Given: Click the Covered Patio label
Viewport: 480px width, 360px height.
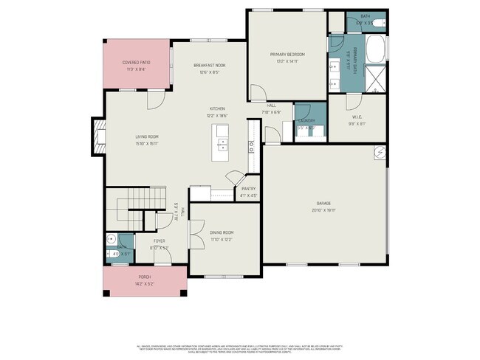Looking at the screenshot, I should pyautogui.click(x=136, y=63).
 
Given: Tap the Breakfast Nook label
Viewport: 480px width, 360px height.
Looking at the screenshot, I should pyautogui.click(x=209, y=65).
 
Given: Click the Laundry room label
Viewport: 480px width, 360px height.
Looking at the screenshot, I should pyautogui.click(x=306, y=121).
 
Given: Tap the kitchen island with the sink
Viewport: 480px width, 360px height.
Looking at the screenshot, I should pyautogui.click(x=222, y=142).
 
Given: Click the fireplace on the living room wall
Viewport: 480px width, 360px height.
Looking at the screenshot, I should pyautogui.click(x=95, y=137).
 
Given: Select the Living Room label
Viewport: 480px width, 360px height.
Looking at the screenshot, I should pyautogui.click(x=146, y=137).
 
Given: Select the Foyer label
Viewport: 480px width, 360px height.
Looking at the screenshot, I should pyautogui.click(x=160, y=241).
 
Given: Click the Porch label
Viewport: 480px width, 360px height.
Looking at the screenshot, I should pyautogui.click(x=143, y=277).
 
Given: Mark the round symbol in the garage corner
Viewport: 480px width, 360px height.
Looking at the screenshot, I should pyautogui.click(x=378, y=153).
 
